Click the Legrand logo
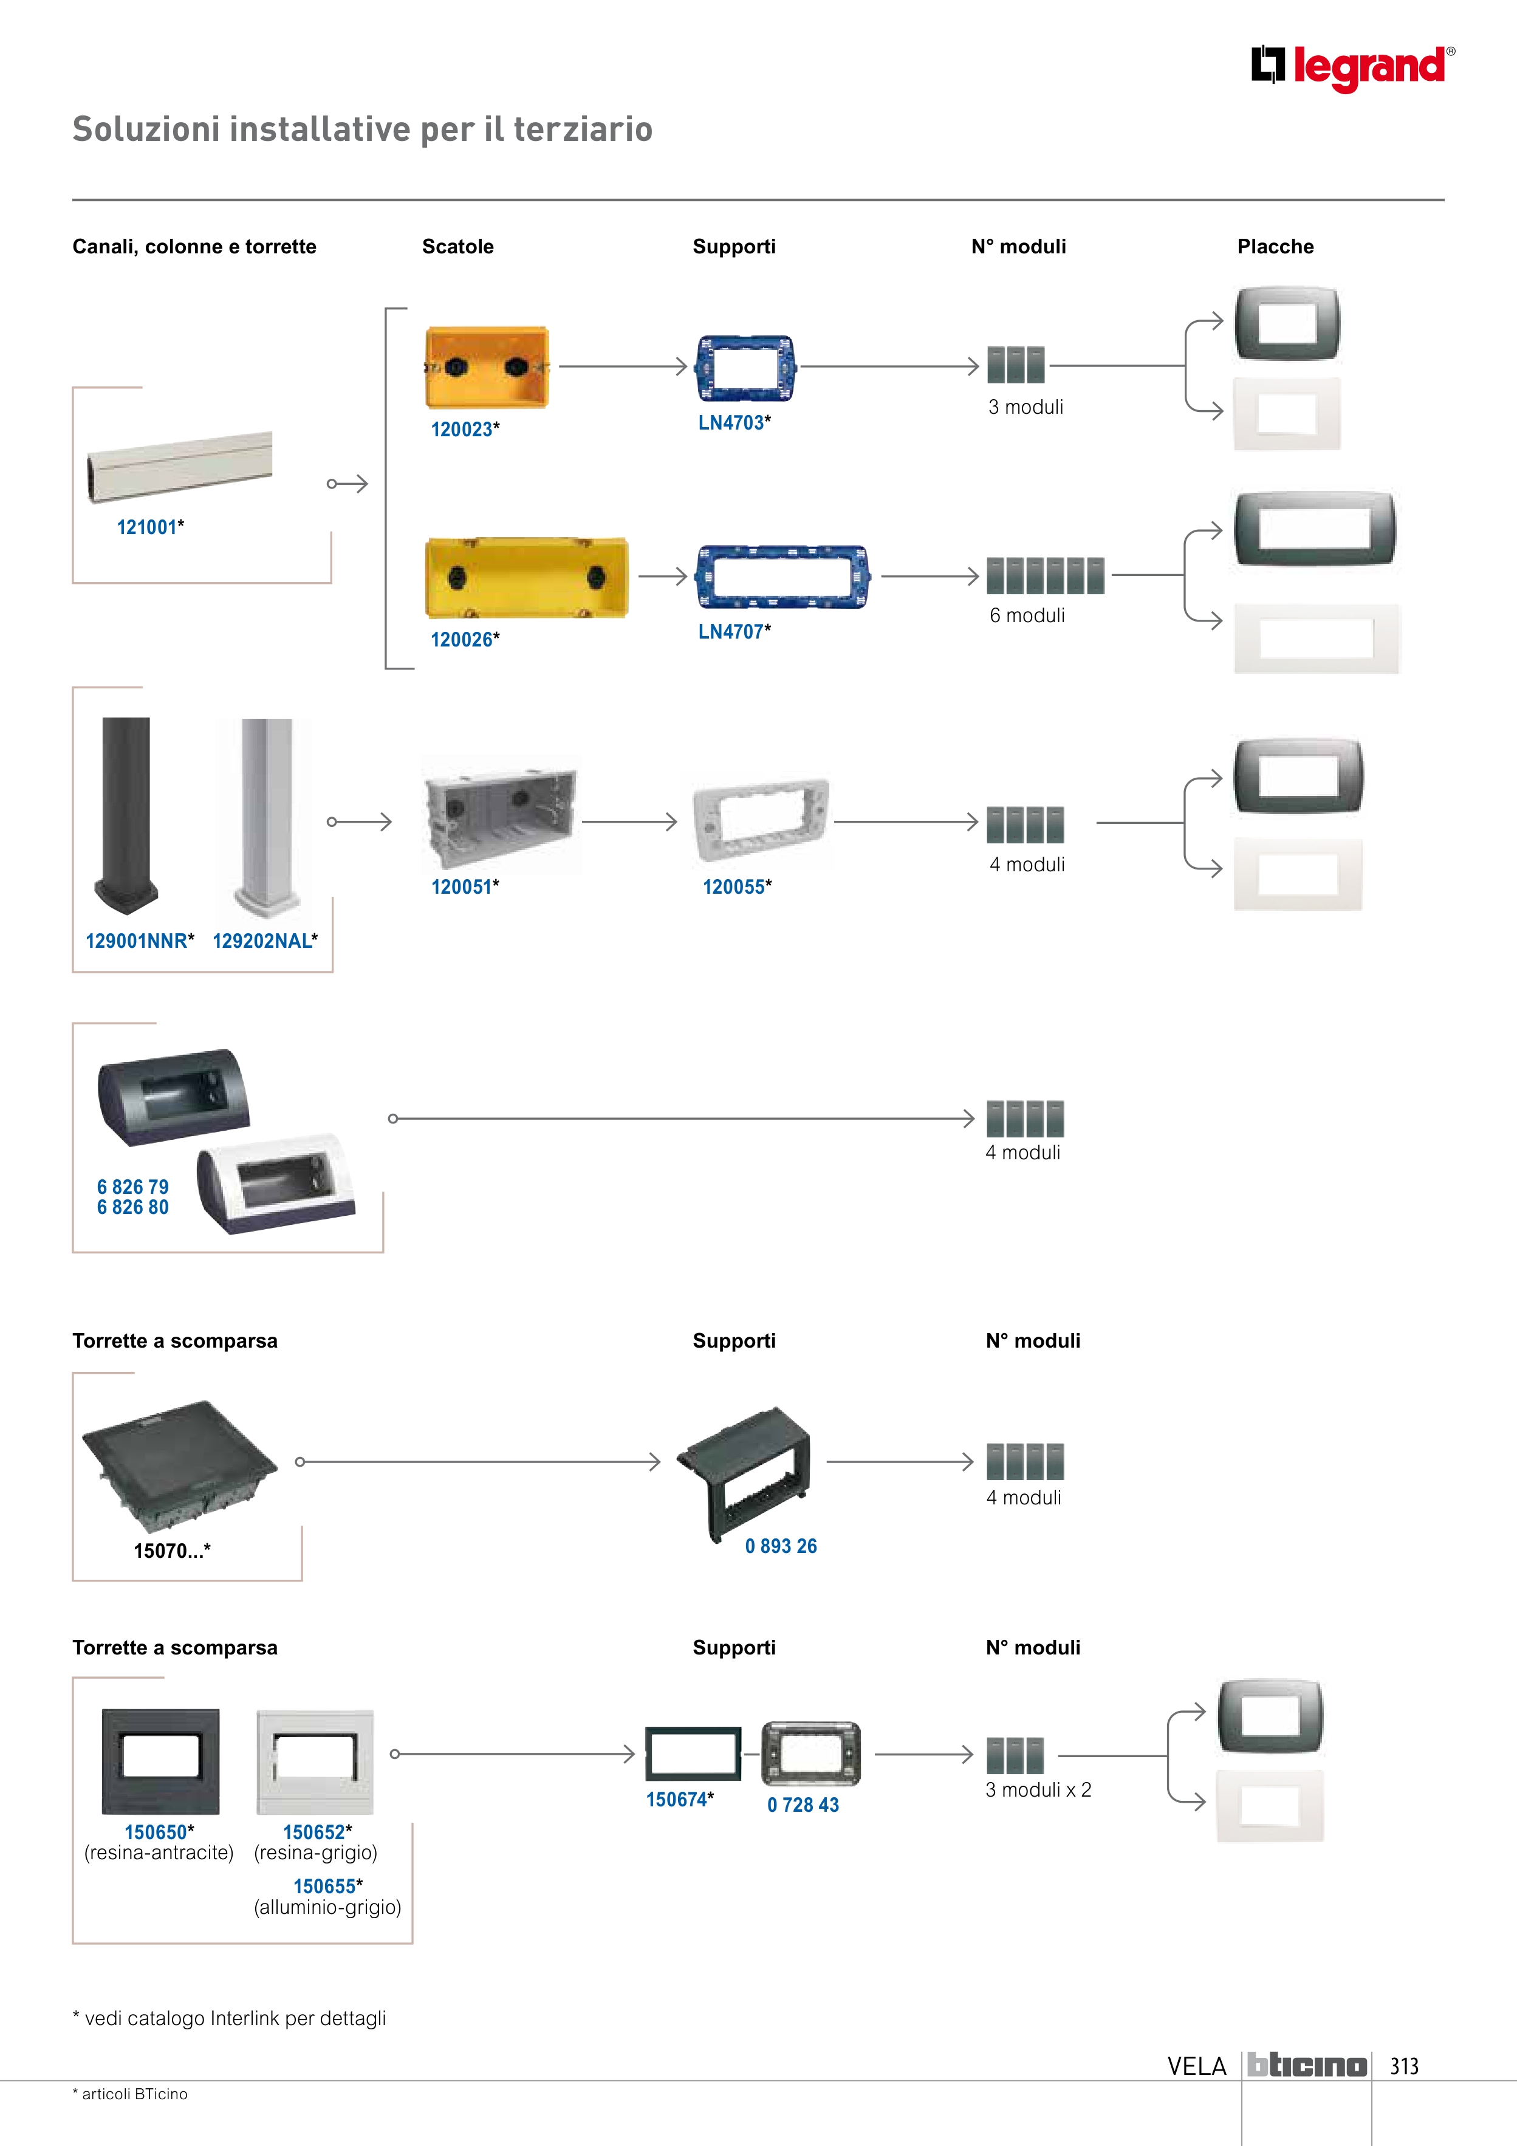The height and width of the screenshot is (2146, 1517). point(1352,67)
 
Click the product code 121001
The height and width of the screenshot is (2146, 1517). point(149,527)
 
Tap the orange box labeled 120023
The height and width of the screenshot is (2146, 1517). point(486,368)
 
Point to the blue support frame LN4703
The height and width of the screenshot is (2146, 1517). point(744,368)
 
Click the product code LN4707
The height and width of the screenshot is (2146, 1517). point(734,632)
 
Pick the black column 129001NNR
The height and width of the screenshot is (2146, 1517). point(126,813)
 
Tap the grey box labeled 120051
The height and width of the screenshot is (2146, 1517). point(499,815)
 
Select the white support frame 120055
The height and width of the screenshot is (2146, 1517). point(760,820)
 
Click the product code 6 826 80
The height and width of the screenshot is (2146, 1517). point(132,1208)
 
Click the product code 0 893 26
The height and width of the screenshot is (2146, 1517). point(781,1546)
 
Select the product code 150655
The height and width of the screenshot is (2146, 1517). point(327,1886)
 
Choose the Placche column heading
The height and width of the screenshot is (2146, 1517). point(1275,247)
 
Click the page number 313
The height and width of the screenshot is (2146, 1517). point(1404,2066)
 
